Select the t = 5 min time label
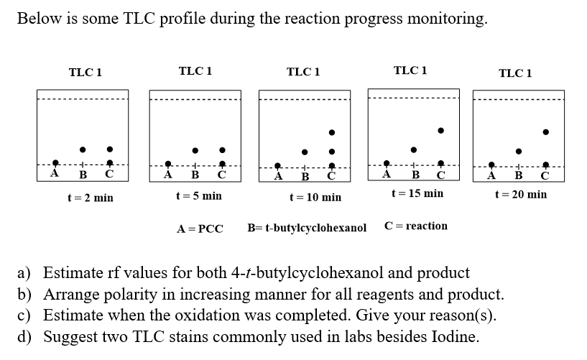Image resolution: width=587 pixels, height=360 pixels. tap(199, 195)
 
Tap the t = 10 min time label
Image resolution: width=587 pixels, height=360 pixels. tap(315, 197)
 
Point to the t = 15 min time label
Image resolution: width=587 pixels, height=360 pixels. tap(417, 193)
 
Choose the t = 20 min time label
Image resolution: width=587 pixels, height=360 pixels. tap(521, 194)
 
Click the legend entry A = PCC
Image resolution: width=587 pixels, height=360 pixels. tap(200, 229)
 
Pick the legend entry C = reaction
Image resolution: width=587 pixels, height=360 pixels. tap(416, 226)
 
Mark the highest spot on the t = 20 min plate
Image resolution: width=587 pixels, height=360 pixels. tap(546, 132)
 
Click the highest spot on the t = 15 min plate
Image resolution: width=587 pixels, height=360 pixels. tap(441, 131)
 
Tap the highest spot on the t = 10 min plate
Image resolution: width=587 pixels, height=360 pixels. tap(331, 132)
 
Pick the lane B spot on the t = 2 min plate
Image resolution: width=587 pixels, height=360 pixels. tap(83, 149)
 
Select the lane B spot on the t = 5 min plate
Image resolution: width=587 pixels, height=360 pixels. tap(195, 150)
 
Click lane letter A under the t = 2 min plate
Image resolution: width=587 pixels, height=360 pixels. tap(55, 173)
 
